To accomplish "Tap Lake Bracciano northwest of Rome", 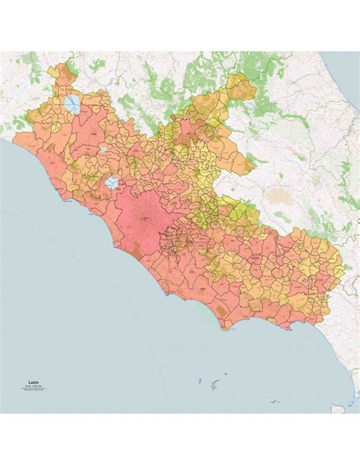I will coord(112,182).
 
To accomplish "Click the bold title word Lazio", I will coord(34,384).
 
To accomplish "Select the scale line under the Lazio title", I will coord(34,390).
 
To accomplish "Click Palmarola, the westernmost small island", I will coord(198,379).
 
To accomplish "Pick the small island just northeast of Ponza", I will coord(223,379).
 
